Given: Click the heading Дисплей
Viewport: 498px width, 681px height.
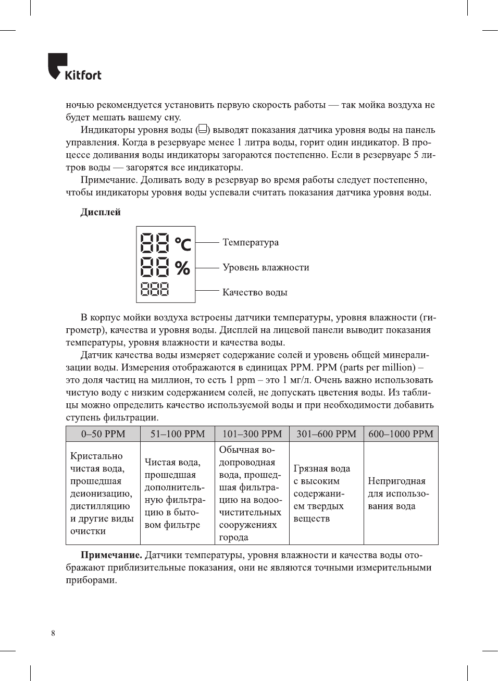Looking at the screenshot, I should (x=100, y=212).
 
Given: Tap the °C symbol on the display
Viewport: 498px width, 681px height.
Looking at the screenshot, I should (x=183, y=243).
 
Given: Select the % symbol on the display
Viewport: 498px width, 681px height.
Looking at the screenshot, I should (x=182, y=268).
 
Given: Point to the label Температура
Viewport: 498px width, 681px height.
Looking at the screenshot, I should (x=250, y=242).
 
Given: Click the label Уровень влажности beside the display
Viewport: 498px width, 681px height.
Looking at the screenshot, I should (x=266, y=267).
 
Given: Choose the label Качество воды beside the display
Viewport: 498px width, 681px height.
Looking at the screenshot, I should (x=255, y=292).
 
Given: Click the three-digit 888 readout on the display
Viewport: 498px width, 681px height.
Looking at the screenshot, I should (x=155, y=289).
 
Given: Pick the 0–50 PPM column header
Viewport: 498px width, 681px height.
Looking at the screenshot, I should (x=103, y=434).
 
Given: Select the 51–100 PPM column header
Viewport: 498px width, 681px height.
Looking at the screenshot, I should (x=178, y=434).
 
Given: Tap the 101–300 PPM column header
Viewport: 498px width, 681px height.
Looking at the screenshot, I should (x=252, y=434).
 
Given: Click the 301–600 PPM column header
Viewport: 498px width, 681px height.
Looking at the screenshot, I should (x=326, y=434).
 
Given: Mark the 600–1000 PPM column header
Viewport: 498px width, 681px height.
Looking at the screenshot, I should (x=401, y=434).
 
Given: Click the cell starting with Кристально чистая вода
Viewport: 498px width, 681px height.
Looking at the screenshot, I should (x=102, y=493).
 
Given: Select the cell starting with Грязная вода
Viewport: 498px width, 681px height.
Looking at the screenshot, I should (x=321, y=493).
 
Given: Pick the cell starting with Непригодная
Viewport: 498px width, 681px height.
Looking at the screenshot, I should (x=398, y=493).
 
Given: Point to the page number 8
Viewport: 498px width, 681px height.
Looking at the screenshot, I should (x=53, y=633).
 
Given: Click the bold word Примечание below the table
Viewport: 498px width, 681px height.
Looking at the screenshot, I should (x=111, y=555).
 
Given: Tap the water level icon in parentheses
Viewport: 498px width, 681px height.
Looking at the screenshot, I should (x=203, y=129).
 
